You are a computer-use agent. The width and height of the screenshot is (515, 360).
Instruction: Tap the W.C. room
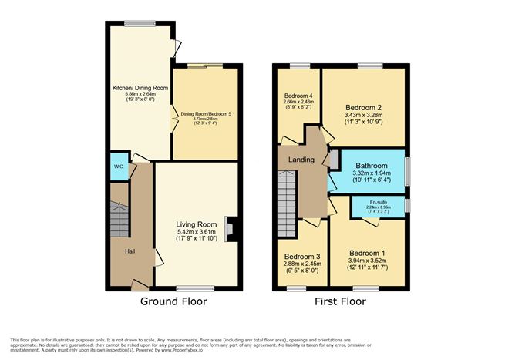click(119, 167)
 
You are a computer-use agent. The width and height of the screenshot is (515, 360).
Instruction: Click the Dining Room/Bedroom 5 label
click(206, 115)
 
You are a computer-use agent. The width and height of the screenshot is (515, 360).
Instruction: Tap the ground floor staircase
click(119, 219)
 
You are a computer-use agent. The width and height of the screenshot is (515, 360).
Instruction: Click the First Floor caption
click(339, 302)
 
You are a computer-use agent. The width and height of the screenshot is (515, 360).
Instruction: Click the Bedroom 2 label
click(364, 107)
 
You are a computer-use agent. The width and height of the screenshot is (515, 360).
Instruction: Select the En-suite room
click(379, 207)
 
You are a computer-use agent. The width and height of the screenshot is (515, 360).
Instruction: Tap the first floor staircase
click(286, 193)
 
